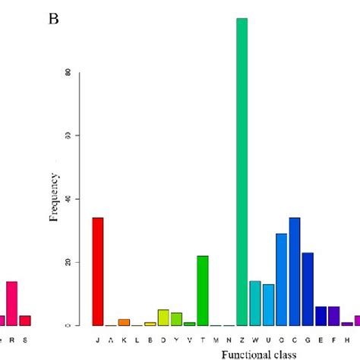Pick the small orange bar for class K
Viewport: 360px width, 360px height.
click(x=124, y=322)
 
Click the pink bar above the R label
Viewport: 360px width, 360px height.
click(x=11, y=303)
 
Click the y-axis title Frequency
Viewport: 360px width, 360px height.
click(x=55, y=198)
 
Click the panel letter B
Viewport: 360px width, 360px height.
click(x=54, y=18)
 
